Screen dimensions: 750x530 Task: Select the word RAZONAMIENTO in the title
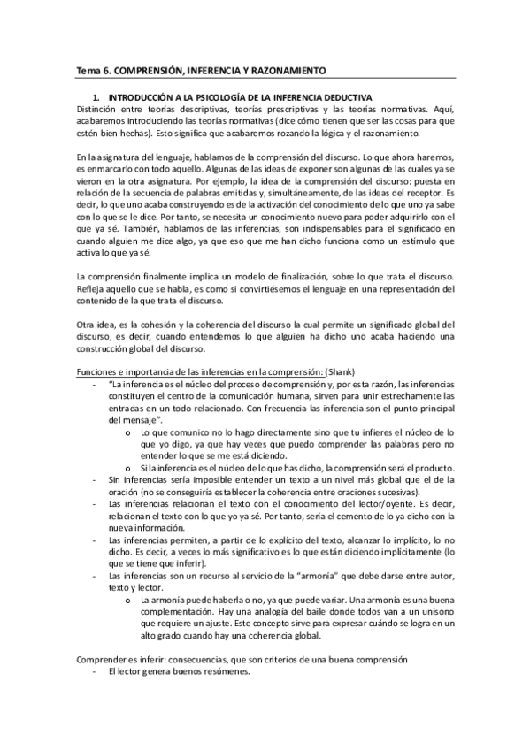pos(285,69)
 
